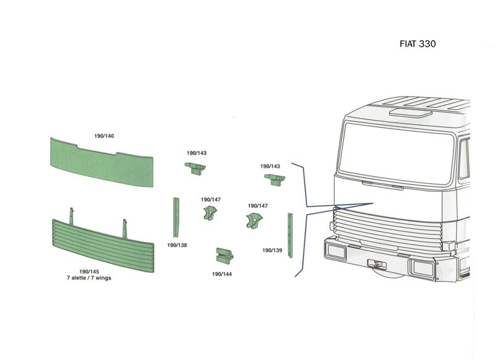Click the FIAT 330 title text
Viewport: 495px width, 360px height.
click(x=418, y=43)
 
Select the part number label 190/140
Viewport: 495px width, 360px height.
click(x=104, y=136)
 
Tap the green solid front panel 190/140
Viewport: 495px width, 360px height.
click(x=101, y=162)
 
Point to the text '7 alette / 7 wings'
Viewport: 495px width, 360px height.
click(x=89, y=278)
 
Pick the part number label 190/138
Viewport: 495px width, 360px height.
click(x=177, y=245)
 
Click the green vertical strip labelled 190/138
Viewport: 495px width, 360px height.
click(x=176, y=217)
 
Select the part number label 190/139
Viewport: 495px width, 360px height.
click(x=272, y=250)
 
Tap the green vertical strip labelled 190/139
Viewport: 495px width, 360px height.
click(x=290, y=236)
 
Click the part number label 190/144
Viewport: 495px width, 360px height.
click(x=222, y=274)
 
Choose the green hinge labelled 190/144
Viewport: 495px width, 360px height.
click(x=225, y=255)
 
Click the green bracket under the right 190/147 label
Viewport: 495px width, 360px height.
click(x=254, y=220)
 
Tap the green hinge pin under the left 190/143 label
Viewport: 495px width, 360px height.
click(x=195, y=168)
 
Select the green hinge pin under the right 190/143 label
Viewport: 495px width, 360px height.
click(x=275, y=179)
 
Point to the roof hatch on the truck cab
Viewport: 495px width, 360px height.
click(x=410, y=113)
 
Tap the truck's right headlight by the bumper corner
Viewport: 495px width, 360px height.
click(x=422, y=268)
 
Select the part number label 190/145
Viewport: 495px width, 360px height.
click(x=89, y=272)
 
